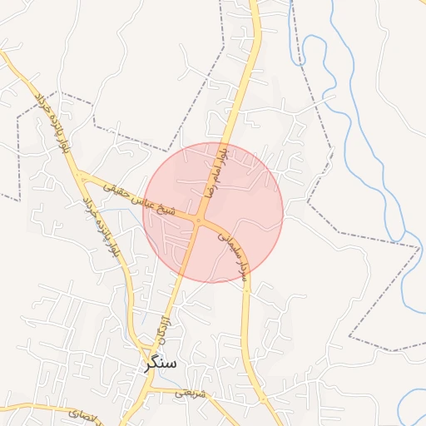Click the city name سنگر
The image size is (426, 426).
tap(161, 363)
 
